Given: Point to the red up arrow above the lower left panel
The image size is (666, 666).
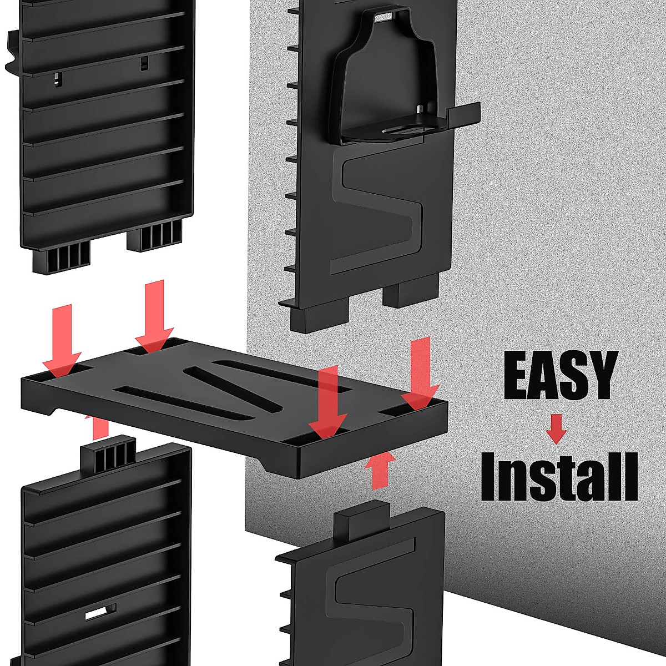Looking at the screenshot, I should pyautogui.click(x=100, y=427).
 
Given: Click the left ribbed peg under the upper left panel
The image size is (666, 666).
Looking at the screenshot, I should pyautogui.click(x=62, y=258).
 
